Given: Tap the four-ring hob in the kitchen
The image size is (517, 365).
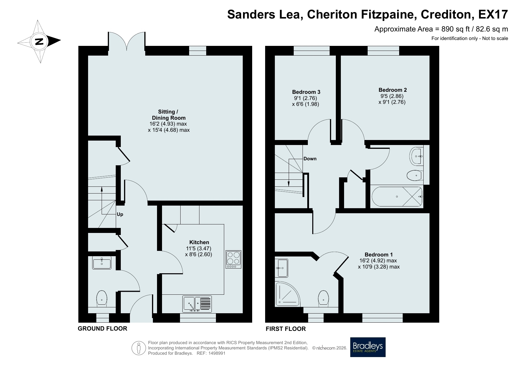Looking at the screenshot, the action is click(x=234, y=259).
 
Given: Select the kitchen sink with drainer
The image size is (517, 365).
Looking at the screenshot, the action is click(x=197, y=304).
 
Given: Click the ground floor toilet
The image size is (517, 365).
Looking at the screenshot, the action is click(x=102, y=298).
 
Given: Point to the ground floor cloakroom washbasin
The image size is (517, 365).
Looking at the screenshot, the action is click(x=102, y=262).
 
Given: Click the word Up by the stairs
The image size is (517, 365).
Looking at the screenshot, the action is click(x=120, y=214).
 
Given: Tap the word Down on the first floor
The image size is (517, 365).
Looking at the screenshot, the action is click(x=310, y=159).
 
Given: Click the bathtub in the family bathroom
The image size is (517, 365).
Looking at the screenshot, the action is click(x=397, y=196).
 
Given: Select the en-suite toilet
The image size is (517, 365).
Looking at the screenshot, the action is click(x=323, y=298).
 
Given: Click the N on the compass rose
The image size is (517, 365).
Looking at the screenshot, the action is click(x=39, y=41).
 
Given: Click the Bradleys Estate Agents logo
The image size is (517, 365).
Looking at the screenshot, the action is click(x=368, y=347).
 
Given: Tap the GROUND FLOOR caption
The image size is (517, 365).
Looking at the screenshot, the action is click(x=103, y=329).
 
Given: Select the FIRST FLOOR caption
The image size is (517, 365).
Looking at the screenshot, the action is click(x=286, y=329).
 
